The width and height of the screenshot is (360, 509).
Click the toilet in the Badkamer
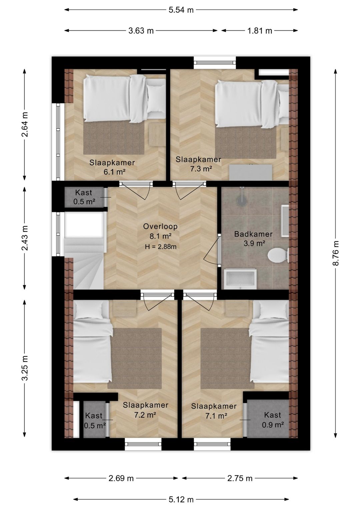click(x=278, y=256)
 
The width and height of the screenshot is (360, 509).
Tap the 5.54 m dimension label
click(x=181, y=10)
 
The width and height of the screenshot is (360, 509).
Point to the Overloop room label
click(x=160, y=226)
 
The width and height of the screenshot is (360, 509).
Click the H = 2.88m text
click(x=161, y=246)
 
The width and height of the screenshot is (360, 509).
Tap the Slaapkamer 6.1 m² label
click(x=112, y=167)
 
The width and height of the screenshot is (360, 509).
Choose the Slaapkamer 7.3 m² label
click(x=198, y=164)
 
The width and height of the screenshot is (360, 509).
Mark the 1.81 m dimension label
click(x=260, y=30)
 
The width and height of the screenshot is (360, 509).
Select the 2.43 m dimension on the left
click(x=25, y=238)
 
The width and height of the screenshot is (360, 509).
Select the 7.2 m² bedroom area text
click(x=145, y=415)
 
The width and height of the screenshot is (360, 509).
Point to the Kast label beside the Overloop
click(x=84, y=193)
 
